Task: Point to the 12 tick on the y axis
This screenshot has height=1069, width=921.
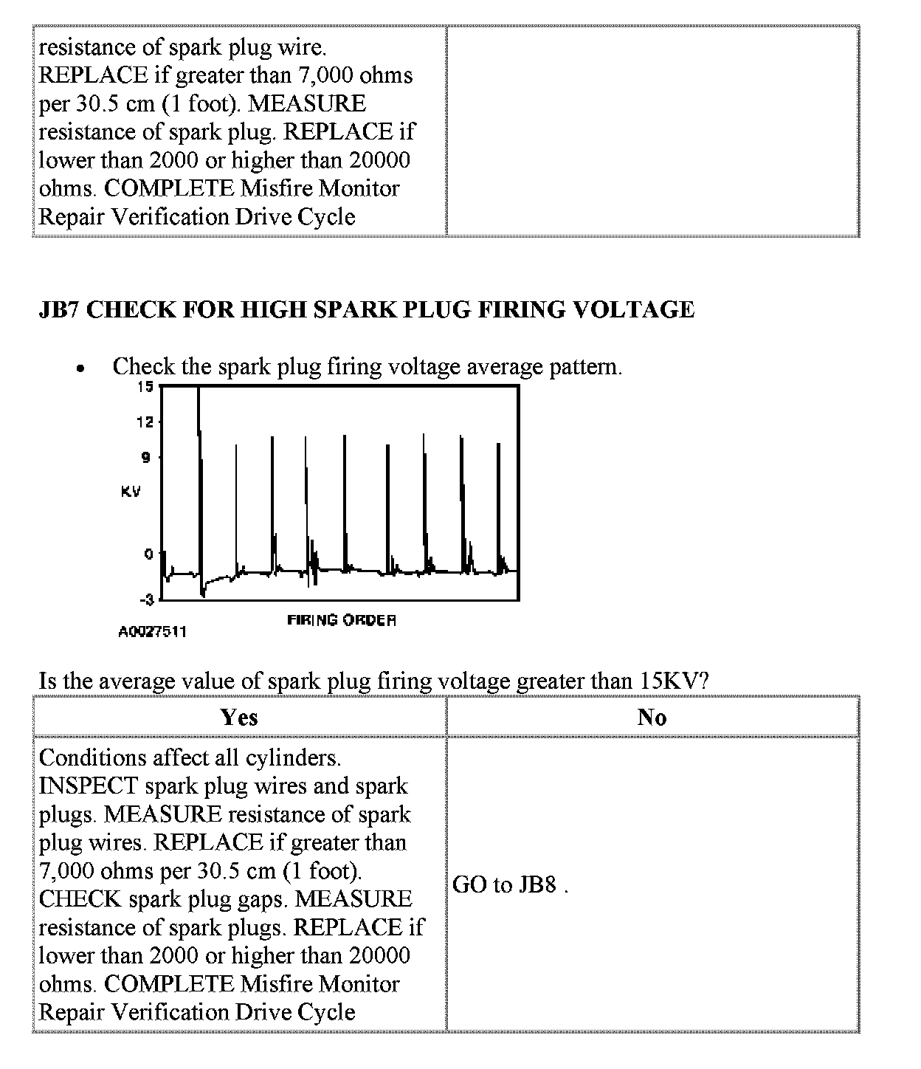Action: (145, 422)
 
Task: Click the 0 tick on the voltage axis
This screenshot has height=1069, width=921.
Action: (148, 554)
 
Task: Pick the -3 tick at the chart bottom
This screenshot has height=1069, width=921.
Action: (146, 600)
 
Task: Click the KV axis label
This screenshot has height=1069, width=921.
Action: (130, 492)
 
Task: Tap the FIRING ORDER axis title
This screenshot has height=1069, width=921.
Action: (342, 620)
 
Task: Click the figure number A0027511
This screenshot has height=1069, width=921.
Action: (153, 632)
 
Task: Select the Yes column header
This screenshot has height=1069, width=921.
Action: (239, 718)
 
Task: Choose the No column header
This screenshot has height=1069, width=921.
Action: (652, 718)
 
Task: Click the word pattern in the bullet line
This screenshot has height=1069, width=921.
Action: (584, 367)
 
